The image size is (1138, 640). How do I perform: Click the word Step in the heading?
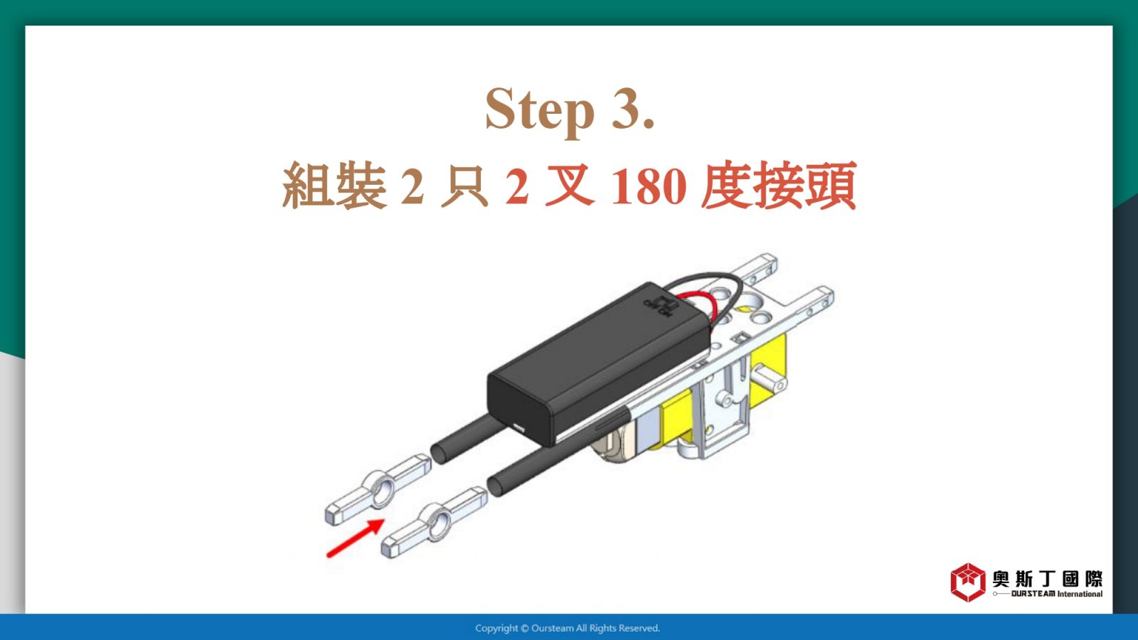(540, 111)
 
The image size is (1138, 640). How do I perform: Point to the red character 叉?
(570, 186)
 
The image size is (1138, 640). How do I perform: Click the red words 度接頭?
(779, 185)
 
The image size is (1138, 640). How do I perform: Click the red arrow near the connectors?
(355, 538)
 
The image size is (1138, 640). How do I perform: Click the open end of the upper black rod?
(438, 453)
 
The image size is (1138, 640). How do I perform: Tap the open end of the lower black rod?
(495, 486)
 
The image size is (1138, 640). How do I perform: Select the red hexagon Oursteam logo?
(968, 582)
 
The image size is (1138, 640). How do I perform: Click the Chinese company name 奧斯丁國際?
(1048, 579)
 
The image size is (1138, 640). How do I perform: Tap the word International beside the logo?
(1080, 594)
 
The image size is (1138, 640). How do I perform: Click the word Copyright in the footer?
(496, 629)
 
